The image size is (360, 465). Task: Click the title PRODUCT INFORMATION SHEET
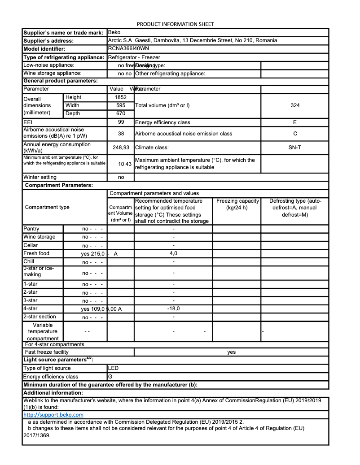tap(175, 24)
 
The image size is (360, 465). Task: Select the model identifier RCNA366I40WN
tap(128, 48)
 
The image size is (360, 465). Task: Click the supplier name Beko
tap(114, 32)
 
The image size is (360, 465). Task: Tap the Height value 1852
tap(121, 97)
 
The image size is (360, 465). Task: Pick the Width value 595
tap(121, 105)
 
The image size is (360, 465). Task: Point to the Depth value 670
tap(121, 113)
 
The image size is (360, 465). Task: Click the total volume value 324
tap(295, 105)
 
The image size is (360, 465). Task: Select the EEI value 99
tap(121, 122)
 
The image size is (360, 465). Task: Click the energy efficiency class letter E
tap(295, 122)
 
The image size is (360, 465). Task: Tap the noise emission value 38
tap(121, 134)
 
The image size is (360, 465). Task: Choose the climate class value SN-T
tap(295, 147)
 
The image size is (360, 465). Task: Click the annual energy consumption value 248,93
tap(121, 147)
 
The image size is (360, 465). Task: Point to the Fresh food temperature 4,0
tap(173, 253)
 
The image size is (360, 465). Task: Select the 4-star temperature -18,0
tap(173, 309)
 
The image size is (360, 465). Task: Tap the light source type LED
tap(114, 368)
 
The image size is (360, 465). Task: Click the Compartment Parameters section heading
tap(59, 185)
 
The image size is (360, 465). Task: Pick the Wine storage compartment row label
tap(40, 237)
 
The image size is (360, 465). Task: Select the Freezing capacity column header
tap(237, 204)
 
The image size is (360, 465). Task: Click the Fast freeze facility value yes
tap(231, 352)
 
